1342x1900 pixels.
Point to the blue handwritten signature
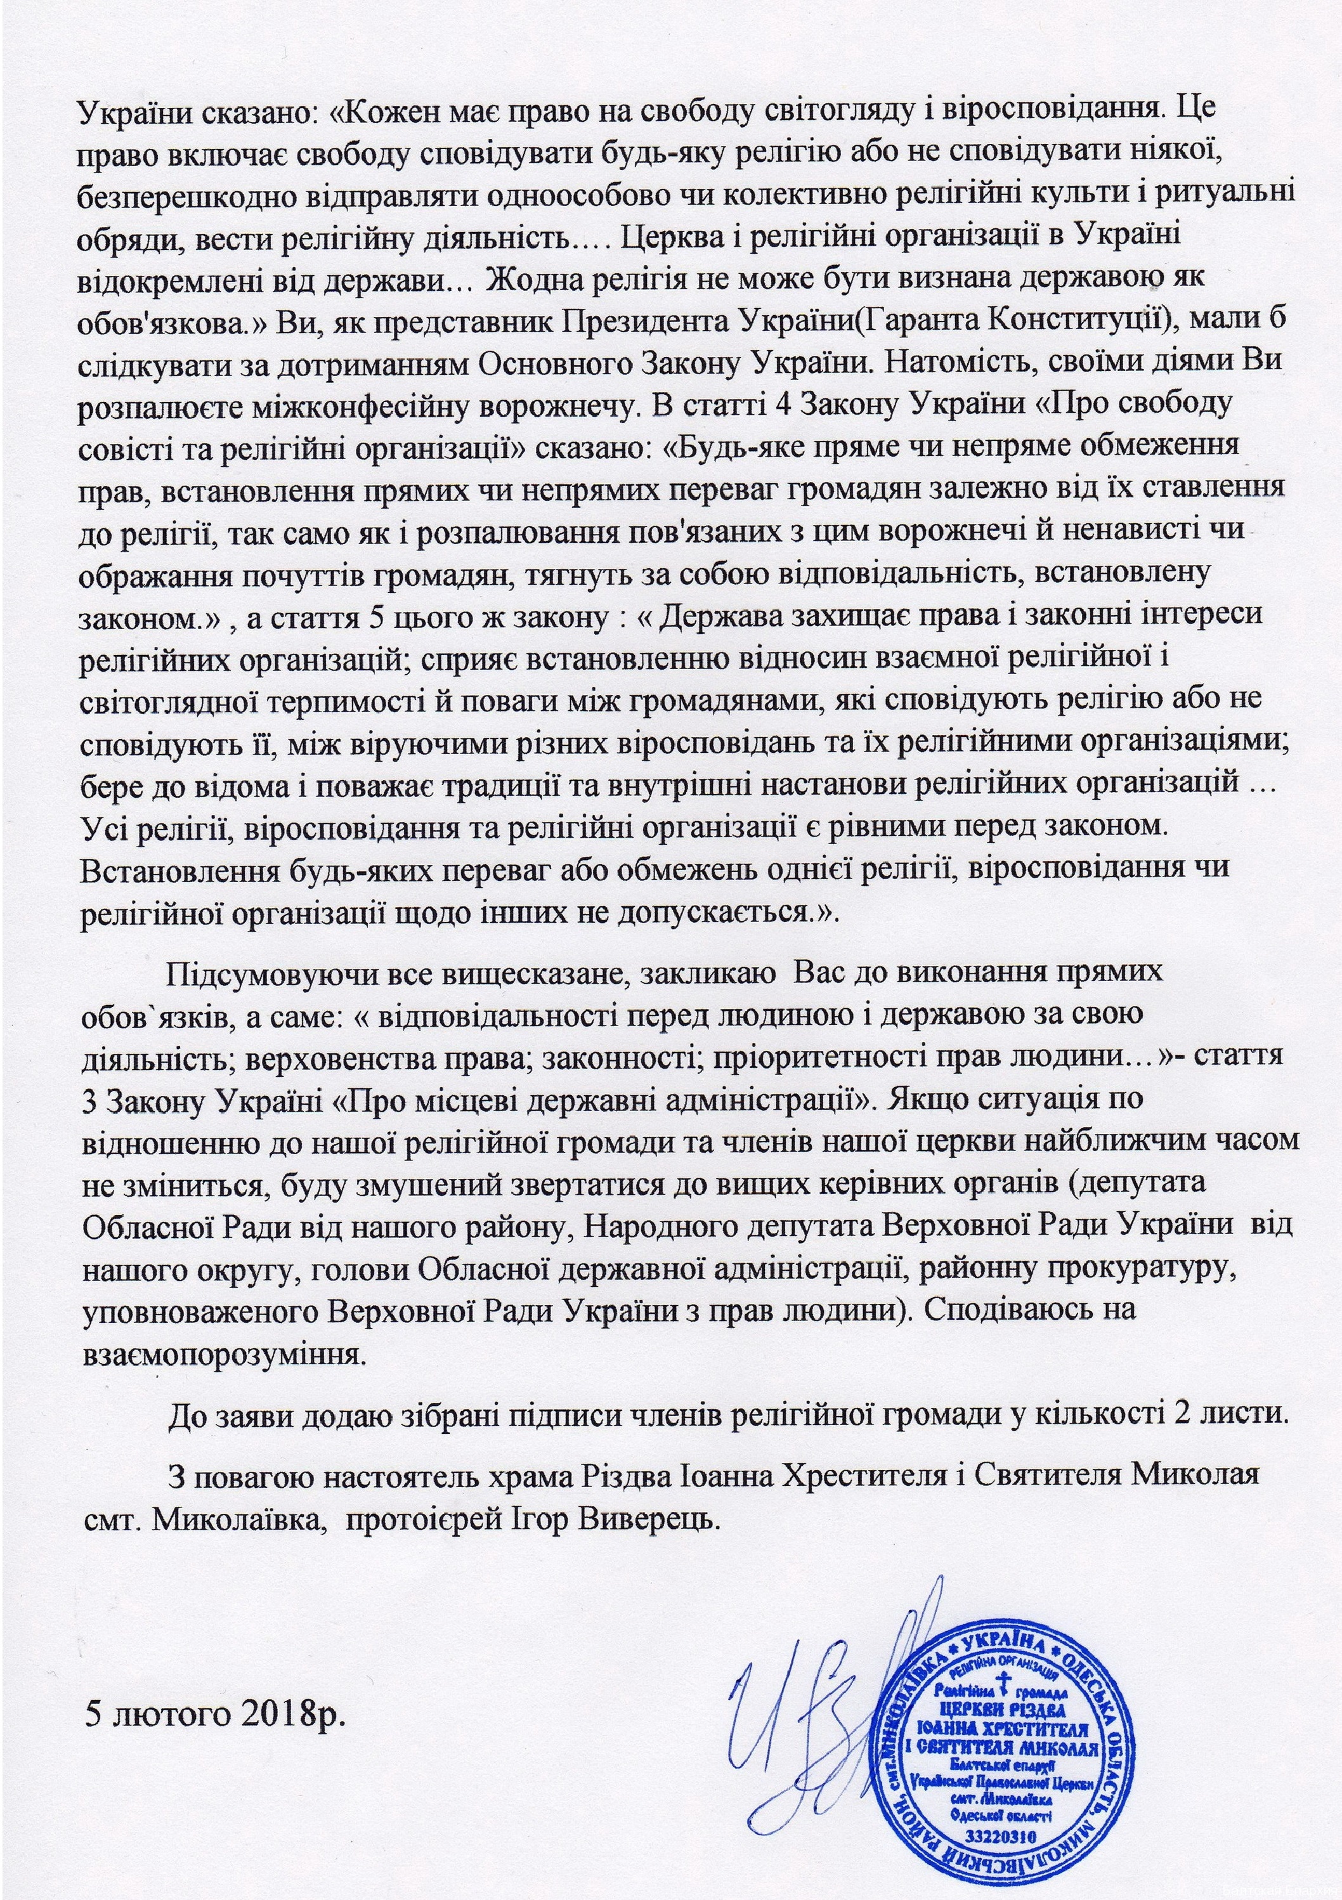[x=815, y=1688]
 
